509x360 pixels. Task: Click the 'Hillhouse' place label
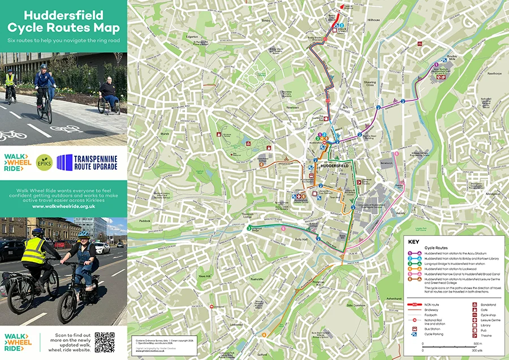tap(374, 19)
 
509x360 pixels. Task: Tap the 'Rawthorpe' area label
tap(494, 73)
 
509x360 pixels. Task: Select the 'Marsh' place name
tap(165, 134)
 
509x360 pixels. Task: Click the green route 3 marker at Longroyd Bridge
tap(249, 229)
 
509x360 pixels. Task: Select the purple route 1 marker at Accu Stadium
tap(436, 65)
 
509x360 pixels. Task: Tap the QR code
tap(104, 342)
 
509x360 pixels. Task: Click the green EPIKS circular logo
tap(44, 162)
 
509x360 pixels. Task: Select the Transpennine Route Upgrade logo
tap(88, 162)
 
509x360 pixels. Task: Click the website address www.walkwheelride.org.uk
tap(63, 207)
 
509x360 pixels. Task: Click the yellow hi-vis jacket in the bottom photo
tap(34, 251)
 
